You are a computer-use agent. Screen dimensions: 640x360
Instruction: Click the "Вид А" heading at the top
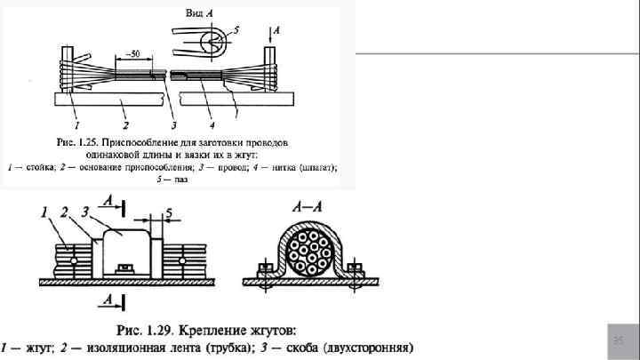click(198, 14)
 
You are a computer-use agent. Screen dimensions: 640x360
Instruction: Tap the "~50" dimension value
click(132, 54)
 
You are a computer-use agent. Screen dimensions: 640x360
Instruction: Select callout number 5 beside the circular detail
click(236, 30)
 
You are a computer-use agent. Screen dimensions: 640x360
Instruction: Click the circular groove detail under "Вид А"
click(213, 39)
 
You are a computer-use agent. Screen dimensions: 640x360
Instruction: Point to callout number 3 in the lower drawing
click(84, 212)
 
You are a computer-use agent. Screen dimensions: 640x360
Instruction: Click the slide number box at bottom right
click(620, 342)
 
